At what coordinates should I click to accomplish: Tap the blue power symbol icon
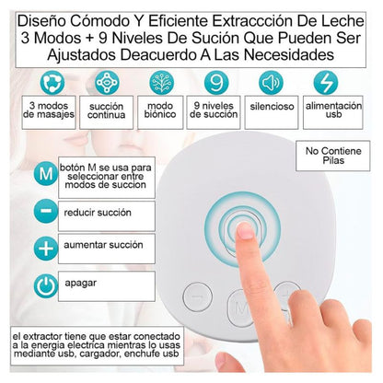(42, 285)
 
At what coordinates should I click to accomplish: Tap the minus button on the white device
(197, 296)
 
